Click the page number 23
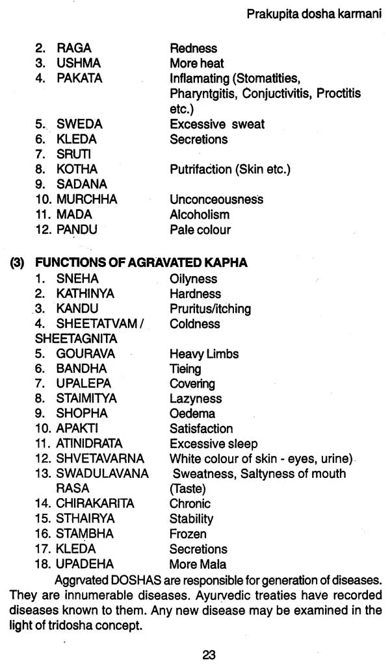208,655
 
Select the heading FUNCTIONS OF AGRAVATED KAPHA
141,263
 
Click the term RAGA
74,48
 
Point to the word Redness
193,48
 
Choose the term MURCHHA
86,199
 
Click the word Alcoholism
200,214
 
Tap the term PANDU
77,229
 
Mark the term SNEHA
77,278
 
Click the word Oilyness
194,278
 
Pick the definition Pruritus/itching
210,308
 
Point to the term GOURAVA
85,354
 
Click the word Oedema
192,414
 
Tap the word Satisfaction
201,429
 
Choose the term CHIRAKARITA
95,503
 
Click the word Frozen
188,534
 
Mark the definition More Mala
198,564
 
